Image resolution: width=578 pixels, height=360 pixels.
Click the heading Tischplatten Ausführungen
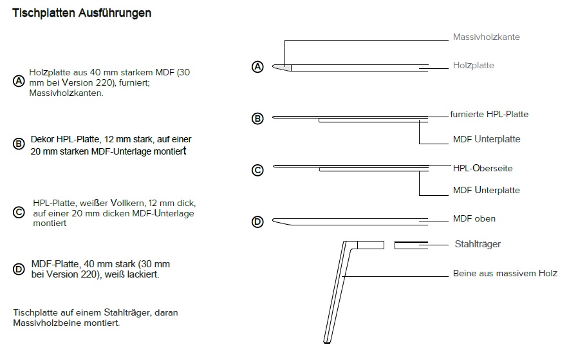[82, 14]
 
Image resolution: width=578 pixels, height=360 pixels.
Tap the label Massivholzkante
[486, 37]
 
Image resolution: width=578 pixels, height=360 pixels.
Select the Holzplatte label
[473, 66]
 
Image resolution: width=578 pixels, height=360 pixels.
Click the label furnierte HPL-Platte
[489, 115]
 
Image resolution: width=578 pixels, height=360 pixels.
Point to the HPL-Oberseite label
[483, 168]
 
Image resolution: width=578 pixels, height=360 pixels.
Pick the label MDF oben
[474, 218]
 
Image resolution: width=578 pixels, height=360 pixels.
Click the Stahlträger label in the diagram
[478, 244]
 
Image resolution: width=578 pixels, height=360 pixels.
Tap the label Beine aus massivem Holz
[505, 273]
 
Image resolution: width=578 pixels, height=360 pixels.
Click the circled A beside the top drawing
[257, 67]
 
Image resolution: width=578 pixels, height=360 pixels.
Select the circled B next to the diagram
[257, 118]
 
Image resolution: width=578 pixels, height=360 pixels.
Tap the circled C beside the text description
[19, 213]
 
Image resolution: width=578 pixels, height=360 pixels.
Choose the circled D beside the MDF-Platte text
[19, 269]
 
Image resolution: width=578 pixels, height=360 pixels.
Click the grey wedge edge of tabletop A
[283, 68]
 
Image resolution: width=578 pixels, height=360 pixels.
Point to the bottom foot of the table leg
[326, 342]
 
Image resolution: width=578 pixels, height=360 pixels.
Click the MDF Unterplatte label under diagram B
[487, 139]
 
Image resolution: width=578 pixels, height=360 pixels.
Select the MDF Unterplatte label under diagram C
[486, 191]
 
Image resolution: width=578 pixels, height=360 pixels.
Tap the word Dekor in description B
[42, 139]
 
